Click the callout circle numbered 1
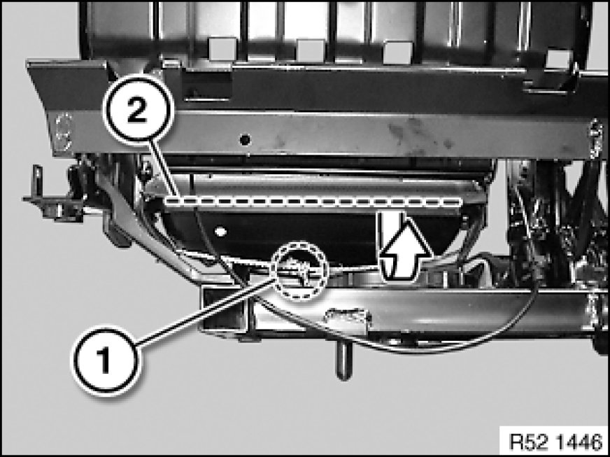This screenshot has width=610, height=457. [104, 360]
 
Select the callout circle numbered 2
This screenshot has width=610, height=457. [137, 109]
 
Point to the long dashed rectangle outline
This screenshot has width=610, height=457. [313, 202]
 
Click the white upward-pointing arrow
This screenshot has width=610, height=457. [405, 246]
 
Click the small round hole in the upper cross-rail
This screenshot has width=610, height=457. [245, 139]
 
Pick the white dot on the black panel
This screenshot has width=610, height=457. [220, 232]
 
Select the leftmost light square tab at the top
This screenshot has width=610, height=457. [222, 49]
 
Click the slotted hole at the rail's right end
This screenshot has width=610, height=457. [595, 139]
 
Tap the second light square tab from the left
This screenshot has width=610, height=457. [311, 50]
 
